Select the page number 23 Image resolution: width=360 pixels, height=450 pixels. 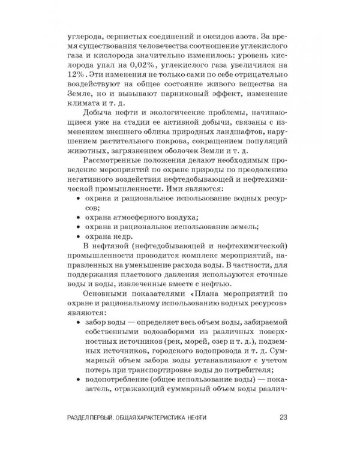click(285, 418)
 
